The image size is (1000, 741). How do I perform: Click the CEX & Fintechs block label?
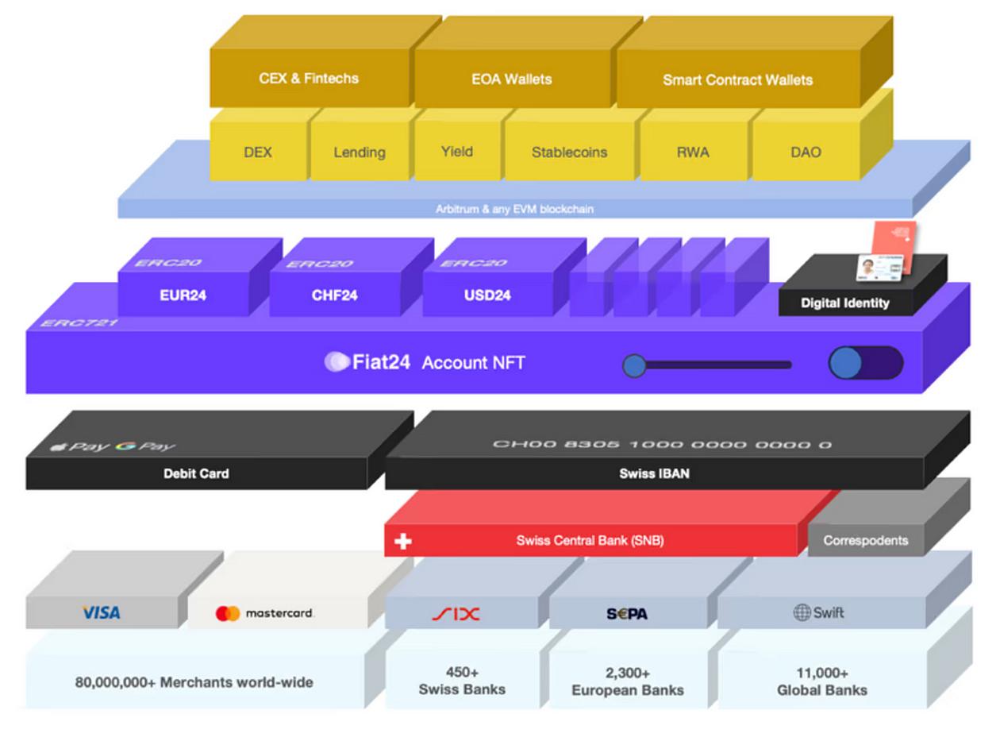(x=309, y=79)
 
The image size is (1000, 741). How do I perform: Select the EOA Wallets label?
(x=511, y=79)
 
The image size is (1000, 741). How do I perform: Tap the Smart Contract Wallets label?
(x=737, y=80)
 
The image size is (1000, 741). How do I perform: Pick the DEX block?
(x=258, y=152)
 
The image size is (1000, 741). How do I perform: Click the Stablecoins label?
(x=569, y=152)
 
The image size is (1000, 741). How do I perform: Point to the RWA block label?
(x=693, y=152)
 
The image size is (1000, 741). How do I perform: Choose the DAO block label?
(x=806, y=152)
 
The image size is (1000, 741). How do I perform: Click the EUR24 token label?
(x=183, y=295)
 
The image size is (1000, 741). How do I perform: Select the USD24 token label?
(x=487, y=295)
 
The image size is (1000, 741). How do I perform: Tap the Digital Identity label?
(x=844, y=303)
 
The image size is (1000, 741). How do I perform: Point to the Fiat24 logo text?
(x=381, y=362)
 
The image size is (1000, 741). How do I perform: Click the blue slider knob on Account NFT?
(x=633, y=365)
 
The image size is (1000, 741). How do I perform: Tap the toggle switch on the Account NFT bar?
(x=865, y=363)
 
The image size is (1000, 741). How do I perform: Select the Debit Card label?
(x=196, y=473)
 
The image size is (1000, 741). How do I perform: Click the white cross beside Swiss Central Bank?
(x=403, y=542)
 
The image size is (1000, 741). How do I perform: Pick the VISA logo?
(x=102, y=612)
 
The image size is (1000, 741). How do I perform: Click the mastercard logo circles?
(x=228, y=613)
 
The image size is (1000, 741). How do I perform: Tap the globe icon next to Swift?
(x=802, y=612)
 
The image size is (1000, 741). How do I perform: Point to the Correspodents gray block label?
(x=865, y=540)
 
